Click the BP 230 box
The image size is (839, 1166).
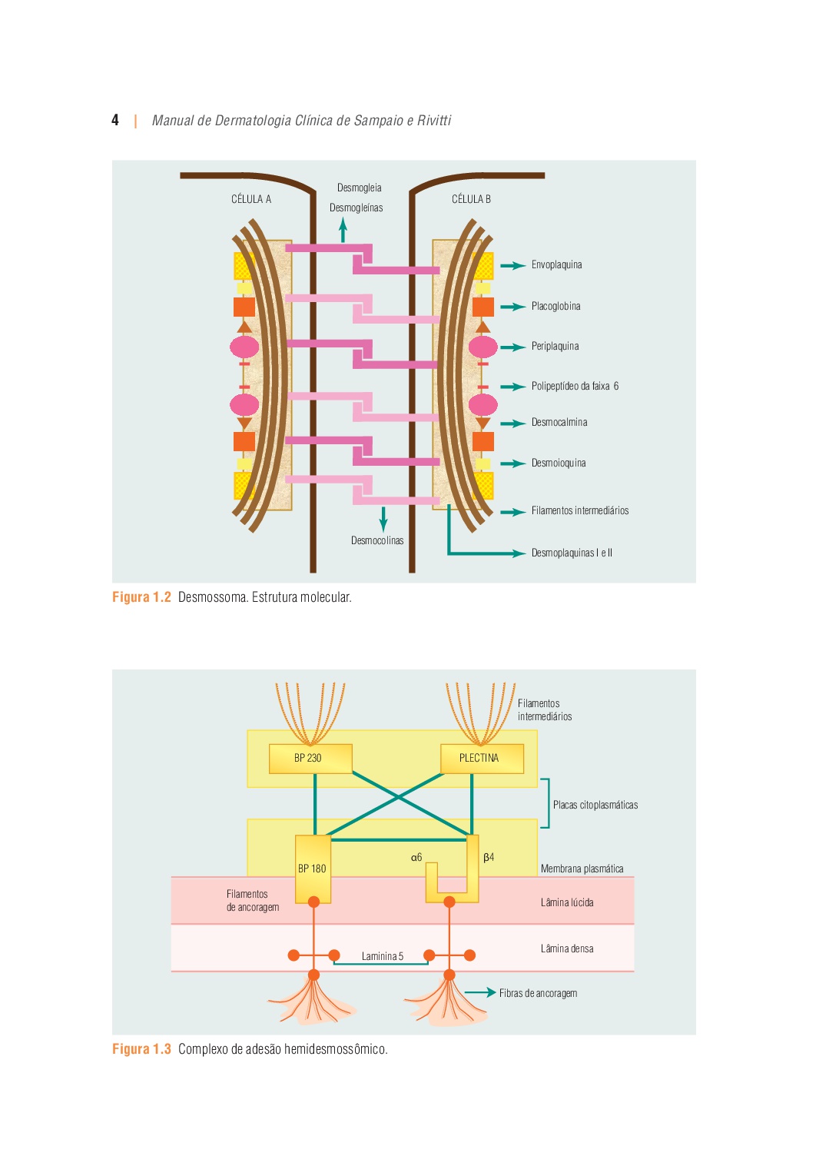[310, 758]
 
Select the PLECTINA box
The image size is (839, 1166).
[482, 758]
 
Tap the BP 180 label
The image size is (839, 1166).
[312, 869]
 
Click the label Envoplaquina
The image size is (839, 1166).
[556, 265]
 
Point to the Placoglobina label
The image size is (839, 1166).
[555, 306]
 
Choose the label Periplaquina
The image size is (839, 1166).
[555, 347]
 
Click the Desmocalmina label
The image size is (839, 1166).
[559, 423]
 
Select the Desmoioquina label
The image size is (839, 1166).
[559, 463]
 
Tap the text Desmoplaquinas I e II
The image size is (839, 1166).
[572, 553]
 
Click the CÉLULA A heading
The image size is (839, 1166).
[251, 199]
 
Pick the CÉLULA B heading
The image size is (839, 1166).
[471, 199]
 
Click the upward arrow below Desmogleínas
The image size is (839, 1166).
[343, 230]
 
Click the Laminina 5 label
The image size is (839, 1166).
[383, 957]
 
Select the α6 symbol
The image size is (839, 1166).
[416, 857]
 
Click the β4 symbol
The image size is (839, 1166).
[489, 857]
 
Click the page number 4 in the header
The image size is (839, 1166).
[115, 120]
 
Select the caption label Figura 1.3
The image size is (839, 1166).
[141, 1049]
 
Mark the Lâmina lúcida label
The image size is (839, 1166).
[567, 903]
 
